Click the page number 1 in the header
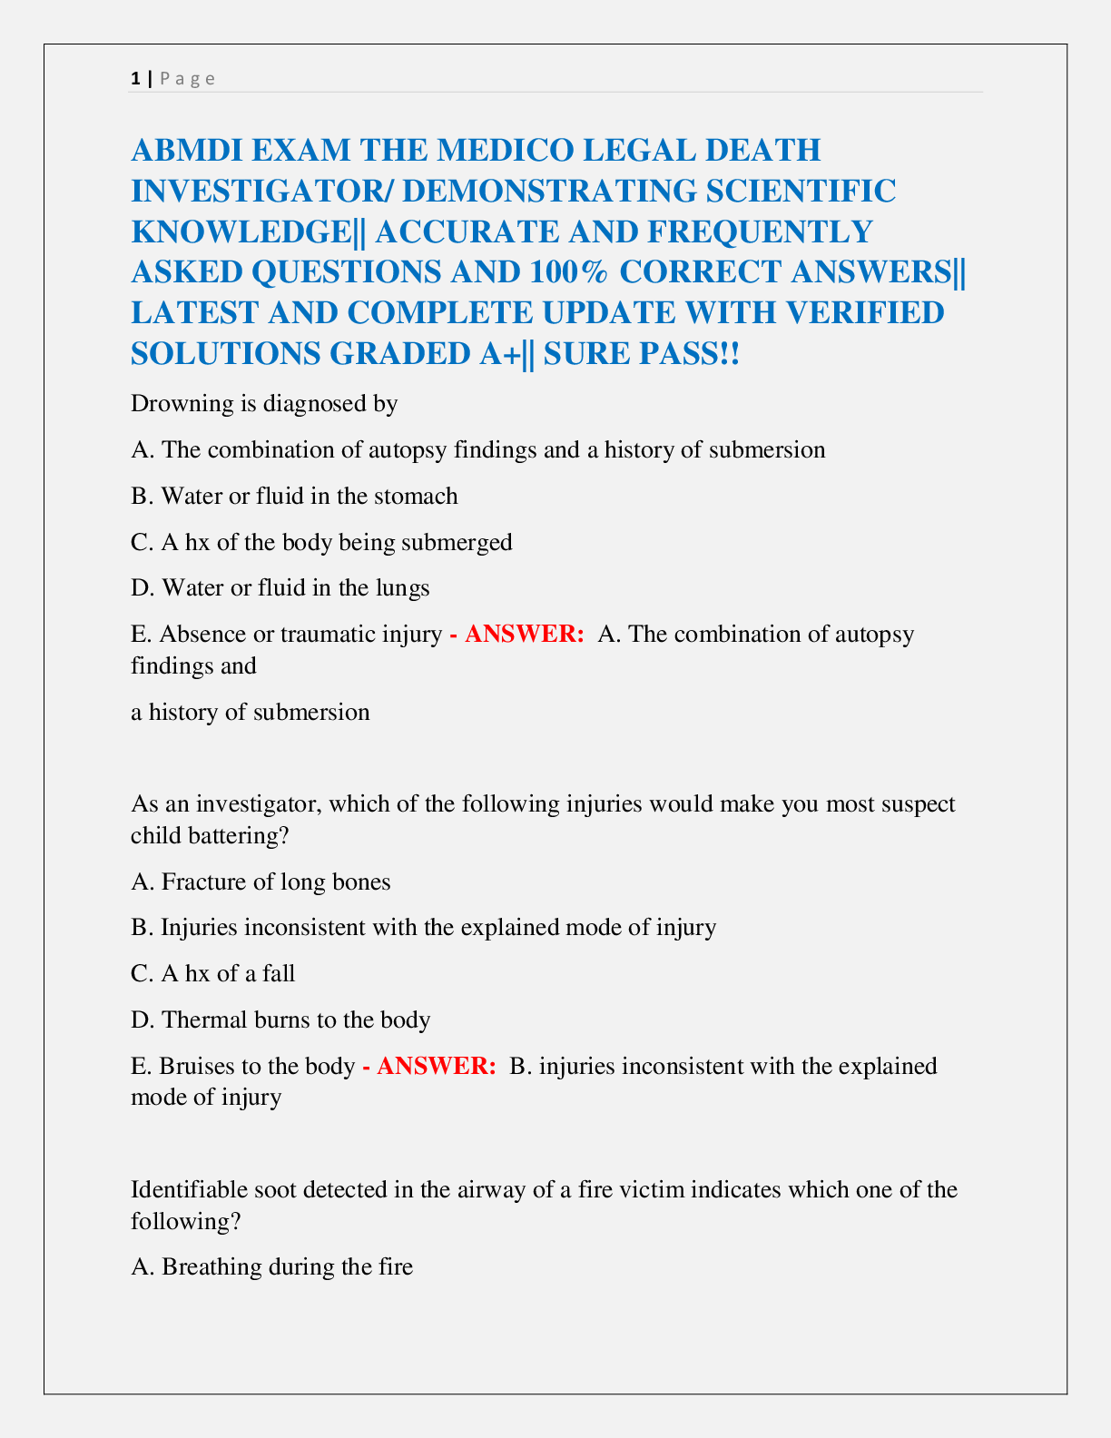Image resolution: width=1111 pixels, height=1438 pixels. [x=135, y=78]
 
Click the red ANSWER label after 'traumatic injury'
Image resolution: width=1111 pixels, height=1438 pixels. [x=524, y=634]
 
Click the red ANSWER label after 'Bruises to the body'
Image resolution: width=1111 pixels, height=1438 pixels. [x=436, y=1066]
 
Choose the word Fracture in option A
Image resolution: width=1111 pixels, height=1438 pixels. [x=200, y=882]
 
